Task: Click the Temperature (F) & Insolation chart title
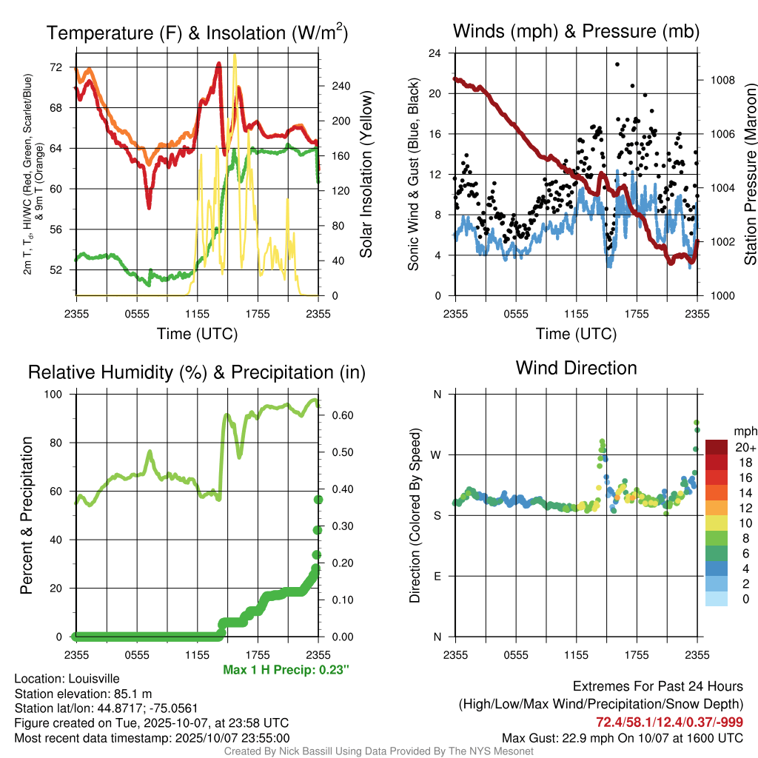[x=197, y=33]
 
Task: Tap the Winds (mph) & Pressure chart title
[x=576, y=31]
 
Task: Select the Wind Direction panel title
[x=576, y=368]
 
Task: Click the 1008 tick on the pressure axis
[x=722, y=80]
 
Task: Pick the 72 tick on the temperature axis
[x=56, y=67]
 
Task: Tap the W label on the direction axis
[x=437, y=455]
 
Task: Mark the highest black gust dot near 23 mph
[x=617, y=64]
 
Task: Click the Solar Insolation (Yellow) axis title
[x=365, y=175]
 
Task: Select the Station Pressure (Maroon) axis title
[x=749, y=175]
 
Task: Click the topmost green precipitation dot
[x=318, y=500]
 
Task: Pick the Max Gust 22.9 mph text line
[x=623, y=737]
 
